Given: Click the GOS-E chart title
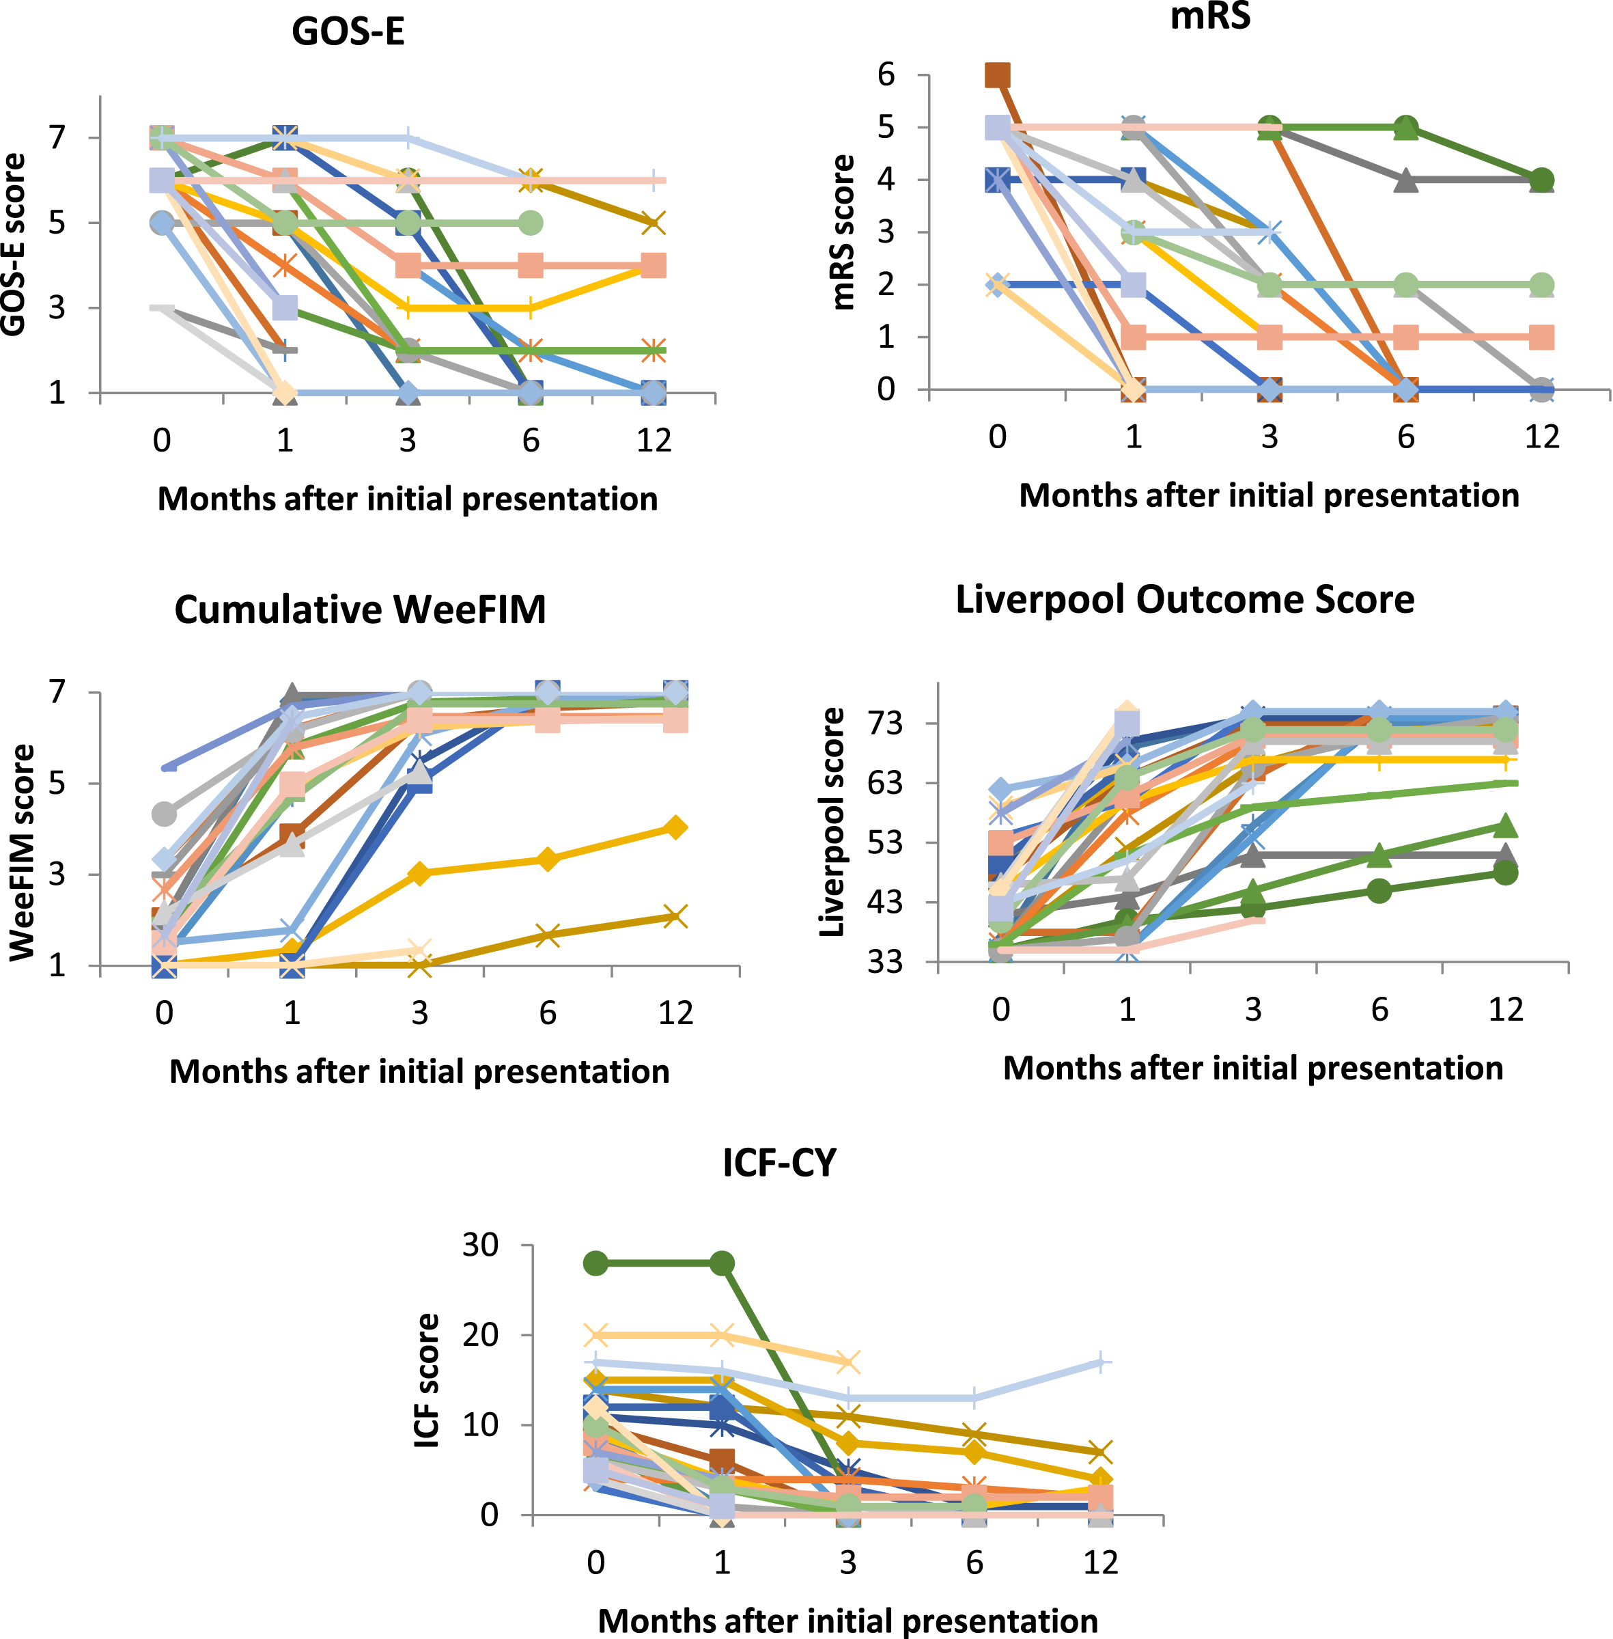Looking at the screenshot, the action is click(348, 32).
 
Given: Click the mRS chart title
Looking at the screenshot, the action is click(1210, 15).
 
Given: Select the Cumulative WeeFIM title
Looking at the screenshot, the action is click(360, 609).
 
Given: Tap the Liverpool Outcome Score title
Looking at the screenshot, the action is click(1184, 599).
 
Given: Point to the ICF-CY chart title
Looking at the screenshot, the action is click(779, 1163).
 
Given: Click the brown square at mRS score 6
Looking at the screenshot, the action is click(997, 74).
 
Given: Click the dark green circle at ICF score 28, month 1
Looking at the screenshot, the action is click(722, 1263).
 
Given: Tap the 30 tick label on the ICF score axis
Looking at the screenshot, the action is click(479, 1245).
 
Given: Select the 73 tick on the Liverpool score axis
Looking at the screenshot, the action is click(884, 723).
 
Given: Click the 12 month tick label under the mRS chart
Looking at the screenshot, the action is click(1542, 437).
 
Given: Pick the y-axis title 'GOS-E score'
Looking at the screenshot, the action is click(14, 245).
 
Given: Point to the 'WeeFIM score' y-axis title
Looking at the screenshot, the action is click(23, 853).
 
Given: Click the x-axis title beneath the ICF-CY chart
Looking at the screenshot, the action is click(848, 1621).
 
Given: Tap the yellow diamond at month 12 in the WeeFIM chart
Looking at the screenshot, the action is click(675, 827).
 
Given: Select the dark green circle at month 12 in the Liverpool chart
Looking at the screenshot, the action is click(1505, 873).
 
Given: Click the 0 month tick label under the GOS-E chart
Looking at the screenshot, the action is click(162, 441).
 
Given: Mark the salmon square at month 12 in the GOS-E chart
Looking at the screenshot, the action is click(653, 265).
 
